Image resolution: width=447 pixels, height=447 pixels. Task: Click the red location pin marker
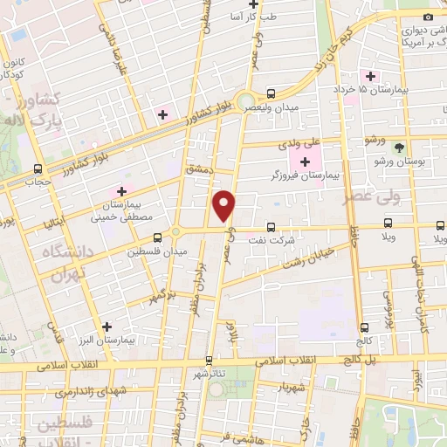click(x=224, y=206)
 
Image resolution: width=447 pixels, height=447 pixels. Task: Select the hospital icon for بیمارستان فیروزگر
click(x=305, y=161)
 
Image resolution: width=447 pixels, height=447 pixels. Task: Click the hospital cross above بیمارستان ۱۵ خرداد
click(x=371, y=76)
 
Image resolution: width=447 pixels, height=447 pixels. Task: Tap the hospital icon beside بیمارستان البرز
click(x=107, y=327)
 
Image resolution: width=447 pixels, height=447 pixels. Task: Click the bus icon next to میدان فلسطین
click(x=157, y=237)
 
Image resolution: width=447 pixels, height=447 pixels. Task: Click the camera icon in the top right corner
click(x=428, y=17)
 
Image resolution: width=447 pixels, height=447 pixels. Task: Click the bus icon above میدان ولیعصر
click(x=270, y=93)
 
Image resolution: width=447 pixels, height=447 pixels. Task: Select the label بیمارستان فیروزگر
click(x=305, y=175)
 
